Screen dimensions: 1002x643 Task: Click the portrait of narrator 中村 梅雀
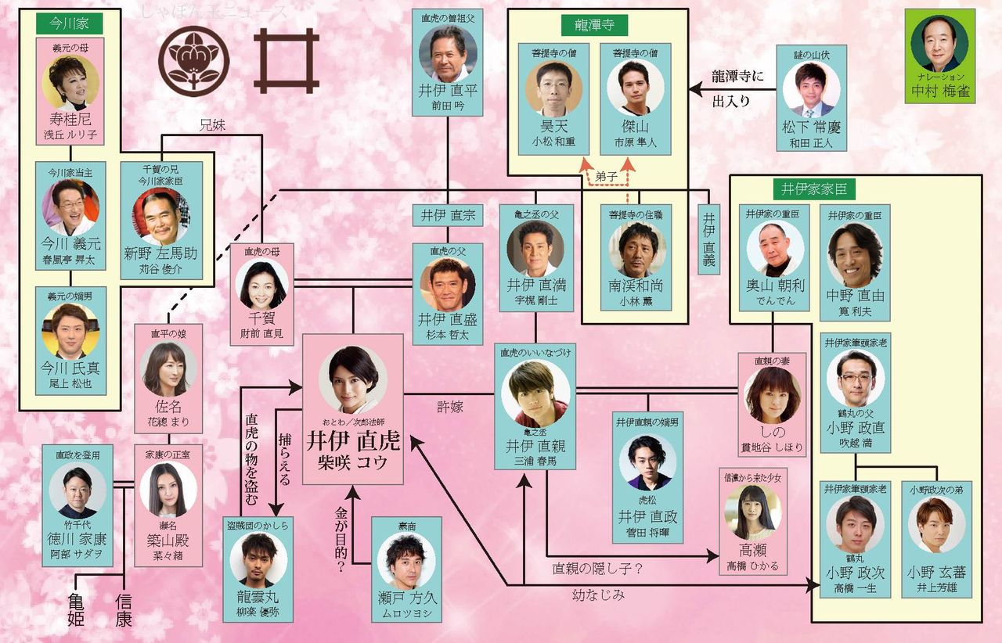[x=939, y=43]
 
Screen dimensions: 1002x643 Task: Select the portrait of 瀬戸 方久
[x=405, y=561]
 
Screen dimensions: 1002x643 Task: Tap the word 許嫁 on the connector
[x=450, y=407]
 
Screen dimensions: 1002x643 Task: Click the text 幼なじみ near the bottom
[x=599, y=596]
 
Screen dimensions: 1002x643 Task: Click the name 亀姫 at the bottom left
[x=75, y=610]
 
